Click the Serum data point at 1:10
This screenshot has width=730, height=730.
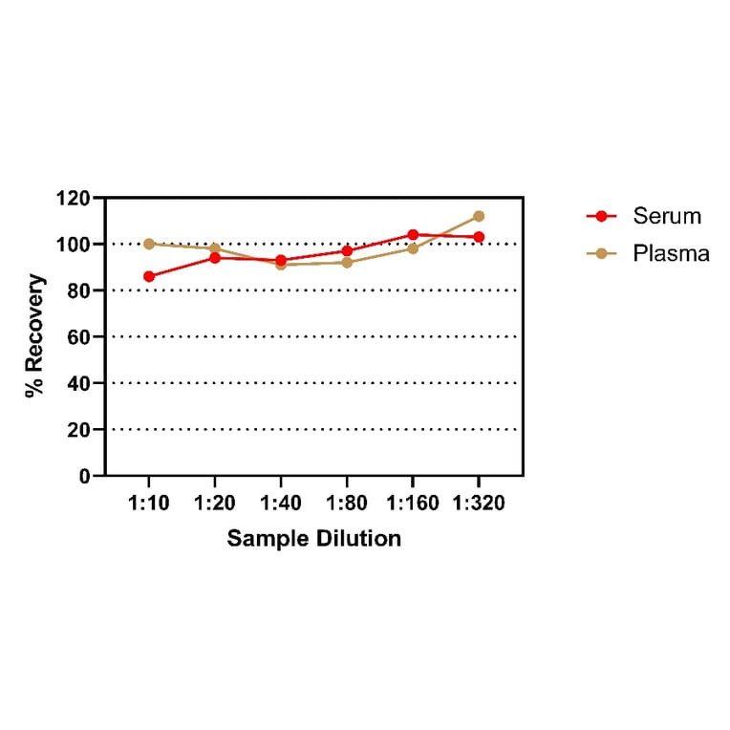pyautogui.click(x=149, y=276)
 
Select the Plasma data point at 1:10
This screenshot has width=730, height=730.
pyautogui.click(x=149, y=244)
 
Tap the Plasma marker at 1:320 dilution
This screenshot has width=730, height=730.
pyautogui.click(x=479, y=216)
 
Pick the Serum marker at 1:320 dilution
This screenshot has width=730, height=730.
pyautogui.click(x=479, y=237)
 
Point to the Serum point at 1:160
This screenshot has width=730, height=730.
pyautogui.click(x=413, y=234)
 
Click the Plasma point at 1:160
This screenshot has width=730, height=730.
pyautogui.click(x=413, y=248)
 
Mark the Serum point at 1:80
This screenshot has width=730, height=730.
pyautogui.click(x=347, y=251)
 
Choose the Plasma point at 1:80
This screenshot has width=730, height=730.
pyautogui.click(x=347, y=263)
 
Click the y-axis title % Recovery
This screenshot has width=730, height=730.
pyautogui.click(x=35, y=335)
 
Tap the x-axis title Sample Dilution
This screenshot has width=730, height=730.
pyautogui.click(x=313, y=539)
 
